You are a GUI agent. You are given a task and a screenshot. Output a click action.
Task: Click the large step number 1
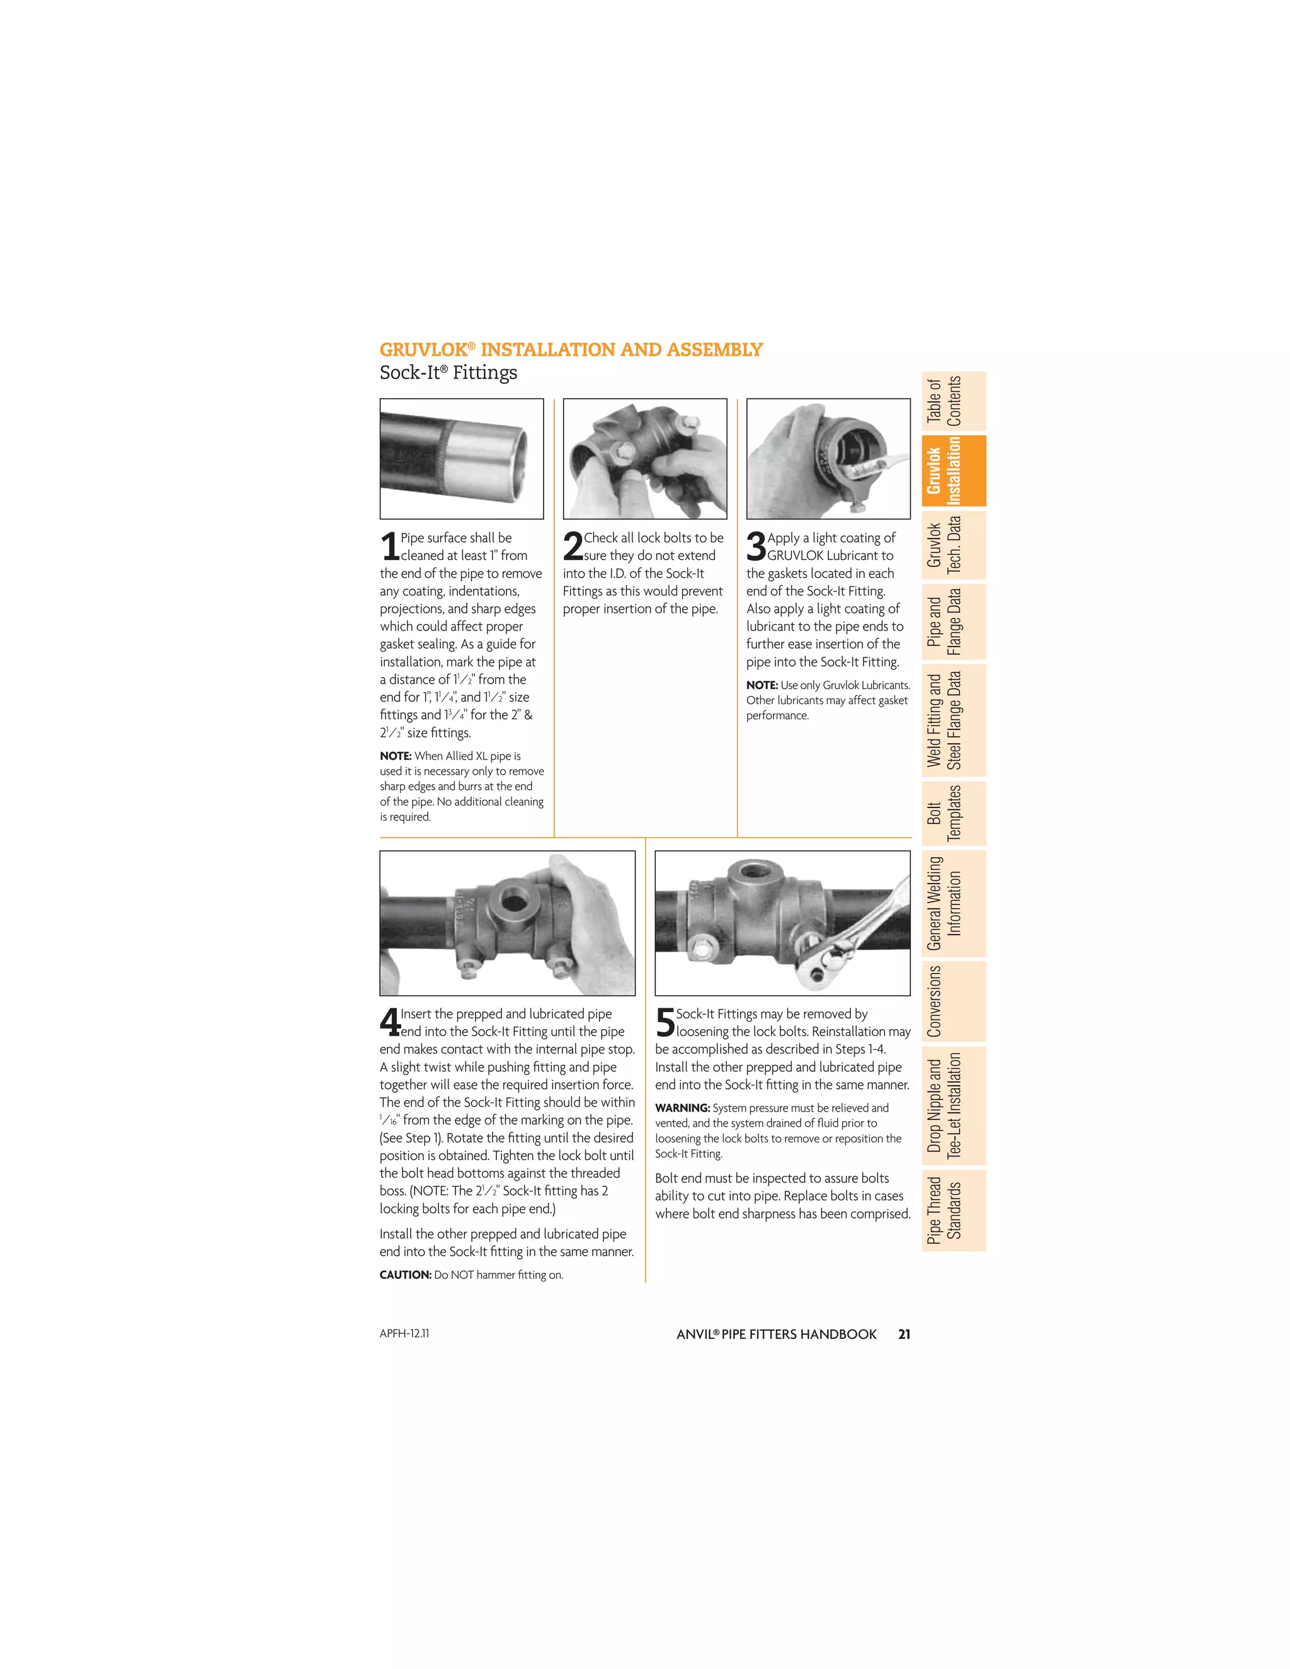389,547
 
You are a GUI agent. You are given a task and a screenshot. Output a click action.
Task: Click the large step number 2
573,547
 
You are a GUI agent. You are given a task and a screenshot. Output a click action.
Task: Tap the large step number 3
756,547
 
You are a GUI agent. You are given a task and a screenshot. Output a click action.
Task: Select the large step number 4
390,1022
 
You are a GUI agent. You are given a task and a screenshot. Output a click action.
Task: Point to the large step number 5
665,1022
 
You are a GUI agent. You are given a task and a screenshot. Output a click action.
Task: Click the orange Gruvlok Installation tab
953,470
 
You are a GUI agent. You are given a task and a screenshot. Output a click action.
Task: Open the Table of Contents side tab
953,401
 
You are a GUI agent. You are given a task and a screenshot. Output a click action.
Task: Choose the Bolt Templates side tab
953,812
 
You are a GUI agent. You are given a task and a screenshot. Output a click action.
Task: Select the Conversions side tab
953,1001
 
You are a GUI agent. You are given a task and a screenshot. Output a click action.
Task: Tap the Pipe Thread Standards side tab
953,1210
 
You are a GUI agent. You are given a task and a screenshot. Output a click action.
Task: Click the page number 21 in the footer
904,1335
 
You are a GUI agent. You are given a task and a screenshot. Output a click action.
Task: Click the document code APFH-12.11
404,1333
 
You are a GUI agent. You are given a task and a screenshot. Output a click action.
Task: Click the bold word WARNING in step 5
682,1108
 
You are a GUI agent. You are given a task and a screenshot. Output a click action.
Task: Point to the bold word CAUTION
405,1275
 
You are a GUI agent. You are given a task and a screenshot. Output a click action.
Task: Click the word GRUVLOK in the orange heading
423,350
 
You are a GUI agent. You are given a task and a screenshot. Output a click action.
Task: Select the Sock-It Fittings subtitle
448,373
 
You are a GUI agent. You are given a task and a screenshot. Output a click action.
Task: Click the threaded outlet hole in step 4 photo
509,902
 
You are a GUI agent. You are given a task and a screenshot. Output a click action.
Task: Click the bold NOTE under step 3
761,685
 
